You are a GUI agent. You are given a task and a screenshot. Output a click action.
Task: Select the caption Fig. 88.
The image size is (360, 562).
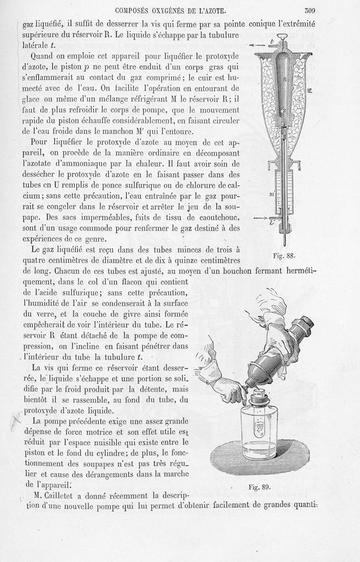point(283,256)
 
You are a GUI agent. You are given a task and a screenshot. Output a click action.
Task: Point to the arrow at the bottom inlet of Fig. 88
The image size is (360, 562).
point(260,218)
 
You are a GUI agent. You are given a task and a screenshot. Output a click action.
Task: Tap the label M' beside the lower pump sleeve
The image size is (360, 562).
point(271,194)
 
